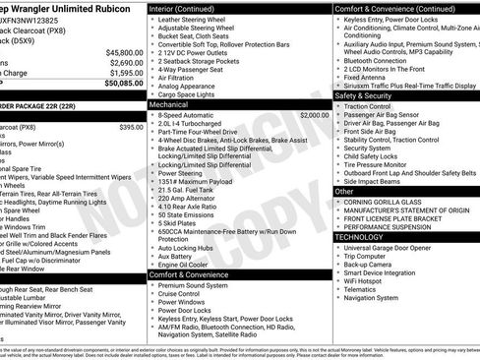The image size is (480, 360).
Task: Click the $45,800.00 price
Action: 125,51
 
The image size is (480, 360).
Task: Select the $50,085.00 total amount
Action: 125,83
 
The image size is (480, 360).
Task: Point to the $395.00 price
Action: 130,127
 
